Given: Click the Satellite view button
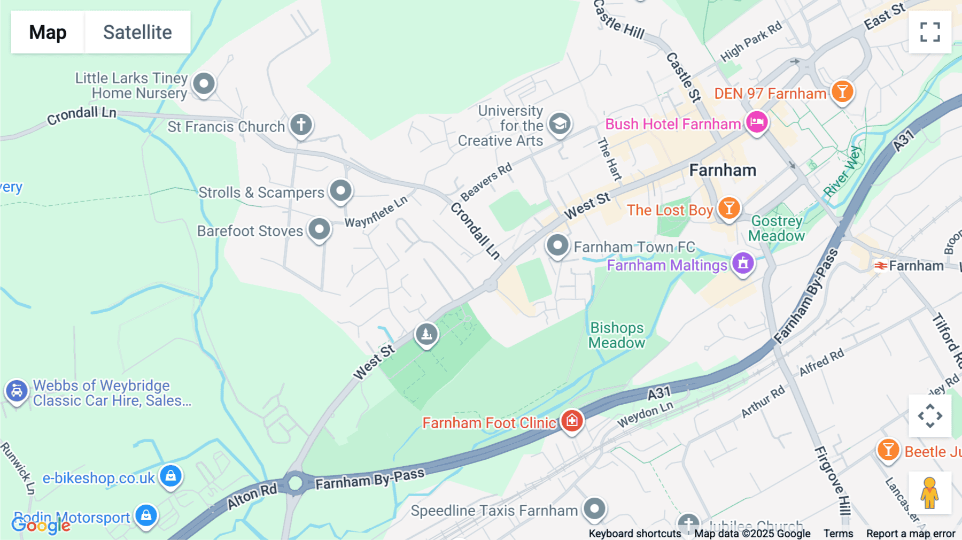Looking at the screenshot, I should (137, 32).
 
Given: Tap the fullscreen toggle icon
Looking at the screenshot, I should (930, 32).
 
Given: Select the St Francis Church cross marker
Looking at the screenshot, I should (301, 125).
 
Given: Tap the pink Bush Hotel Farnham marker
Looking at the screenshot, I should (757, 122).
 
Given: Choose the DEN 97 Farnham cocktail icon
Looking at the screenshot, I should (842, 92).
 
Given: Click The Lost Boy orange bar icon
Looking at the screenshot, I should (729, 208).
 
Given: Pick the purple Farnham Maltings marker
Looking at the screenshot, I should (743, 263).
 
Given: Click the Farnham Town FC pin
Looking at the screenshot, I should (557, 245).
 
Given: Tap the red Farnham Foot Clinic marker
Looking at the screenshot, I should (572, 420).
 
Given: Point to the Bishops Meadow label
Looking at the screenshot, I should (617, 335).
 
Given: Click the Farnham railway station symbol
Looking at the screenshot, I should (881, 266).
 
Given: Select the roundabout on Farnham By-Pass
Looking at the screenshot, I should (295, 483).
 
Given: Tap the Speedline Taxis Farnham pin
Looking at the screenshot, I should (594, 508).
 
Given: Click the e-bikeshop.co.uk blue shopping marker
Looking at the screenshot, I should (170, 475).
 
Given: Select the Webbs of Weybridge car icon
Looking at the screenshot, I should (17, 391).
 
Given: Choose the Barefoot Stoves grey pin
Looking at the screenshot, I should (320, 229).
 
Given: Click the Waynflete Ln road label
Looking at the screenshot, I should (376, 212).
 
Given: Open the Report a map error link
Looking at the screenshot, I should (911, 534).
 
